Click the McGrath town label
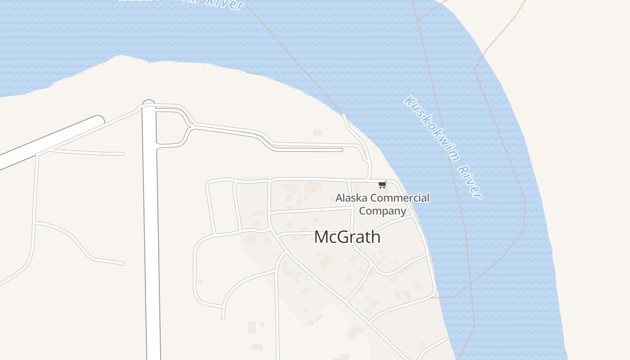(x=347, y=237)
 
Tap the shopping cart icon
(x=382, y=184)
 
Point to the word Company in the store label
(x=382, y=211)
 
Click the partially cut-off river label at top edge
(x=180, y=3)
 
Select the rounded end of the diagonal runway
(x=99, y=121)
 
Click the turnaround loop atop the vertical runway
(x=148, y=104)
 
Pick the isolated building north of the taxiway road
(x=318, y=132)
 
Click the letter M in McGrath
(x=321, y=237)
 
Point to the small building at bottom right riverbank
(x=422, y=345)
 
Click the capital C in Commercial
(x=374, y=198)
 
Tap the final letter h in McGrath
(x=376, y=237)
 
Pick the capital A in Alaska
(x=339, y=198)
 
